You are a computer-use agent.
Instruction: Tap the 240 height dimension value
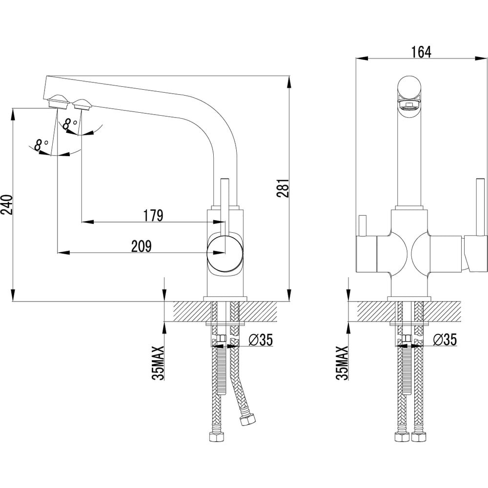(x=6, y=205)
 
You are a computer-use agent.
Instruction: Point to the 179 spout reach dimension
(x=153, y=215)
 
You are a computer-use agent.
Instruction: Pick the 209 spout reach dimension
(x=142, y=246)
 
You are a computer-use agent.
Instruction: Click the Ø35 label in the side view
(x=259, y=340)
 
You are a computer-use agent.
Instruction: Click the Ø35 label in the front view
(x=444, y=340)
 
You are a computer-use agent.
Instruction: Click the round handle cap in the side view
(x=225, y=253)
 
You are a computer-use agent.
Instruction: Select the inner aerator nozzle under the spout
(x=81, y=104)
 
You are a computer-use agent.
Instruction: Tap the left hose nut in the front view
(x=402, y=436)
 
